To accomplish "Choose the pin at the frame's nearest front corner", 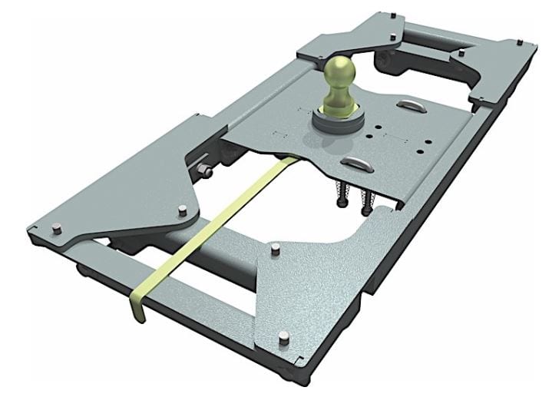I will (283, 335).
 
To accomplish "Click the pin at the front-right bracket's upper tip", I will (275, 247).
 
